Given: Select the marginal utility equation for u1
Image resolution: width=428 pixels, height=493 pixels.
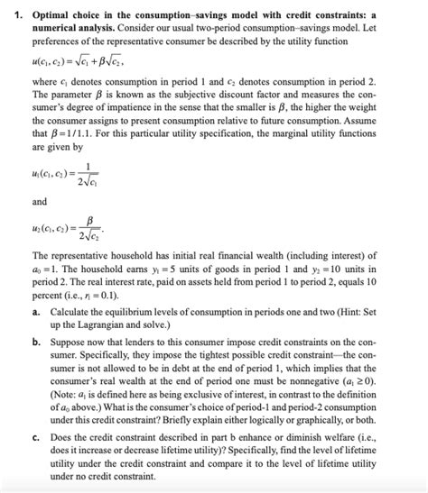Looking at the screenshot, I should click(x=72, y=177).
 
